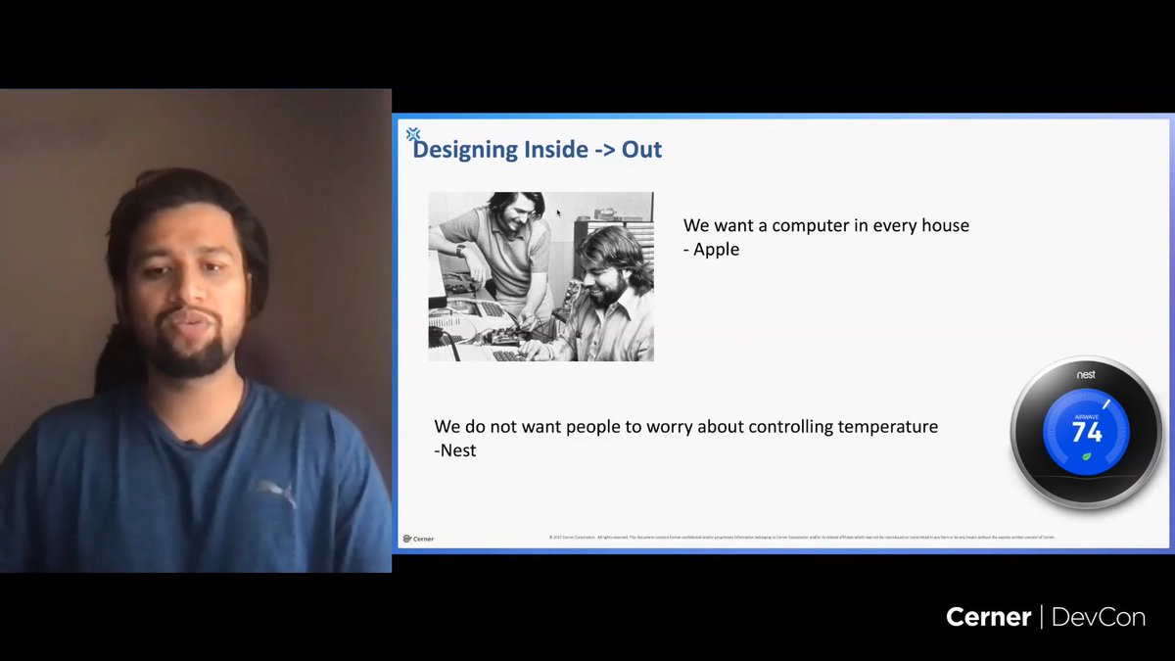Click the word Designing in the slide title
(465, 150)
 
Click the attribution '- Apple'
(711, 249)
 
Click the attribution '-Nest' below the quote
(455, 450)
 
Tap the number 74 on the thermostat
(1087, 432)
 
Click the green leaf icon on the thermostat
(1086, 456)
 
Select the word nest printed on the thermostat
(1086, 375)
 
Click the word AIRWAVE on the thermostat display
(1086, 415)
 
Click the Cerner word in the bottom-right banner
(988, 617)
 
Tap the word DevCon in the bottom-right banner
(1099, 617)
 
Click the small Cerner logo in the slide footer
(418, 538)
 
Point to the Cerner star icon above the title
(413, 134)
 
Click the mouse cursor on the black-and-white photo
(558, 212)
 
